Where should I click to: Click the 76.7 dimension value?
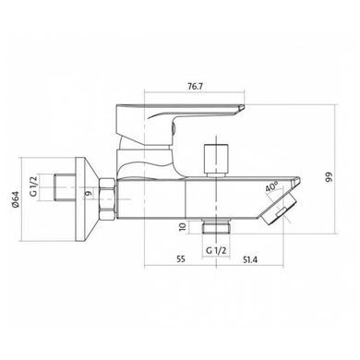tap(195, 87)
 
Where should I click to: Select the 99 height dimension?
tap(330, 177)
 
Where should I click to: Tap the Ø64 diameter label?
tap(16, 199)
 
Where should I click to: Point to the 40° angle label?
tap(272, 186)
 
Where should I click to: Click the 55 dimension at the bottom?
tap(181, 259)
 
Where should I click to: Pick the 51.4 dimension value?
tap(250, 259)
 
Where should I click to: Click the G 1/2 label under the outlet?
tap(216, 250)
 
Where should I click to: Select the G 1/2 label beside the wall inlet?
tap(33, 185)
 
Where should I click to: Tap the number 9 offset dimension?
tap(89, 193)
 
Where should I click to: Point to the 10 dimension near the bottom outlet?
tap(183, 227)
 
